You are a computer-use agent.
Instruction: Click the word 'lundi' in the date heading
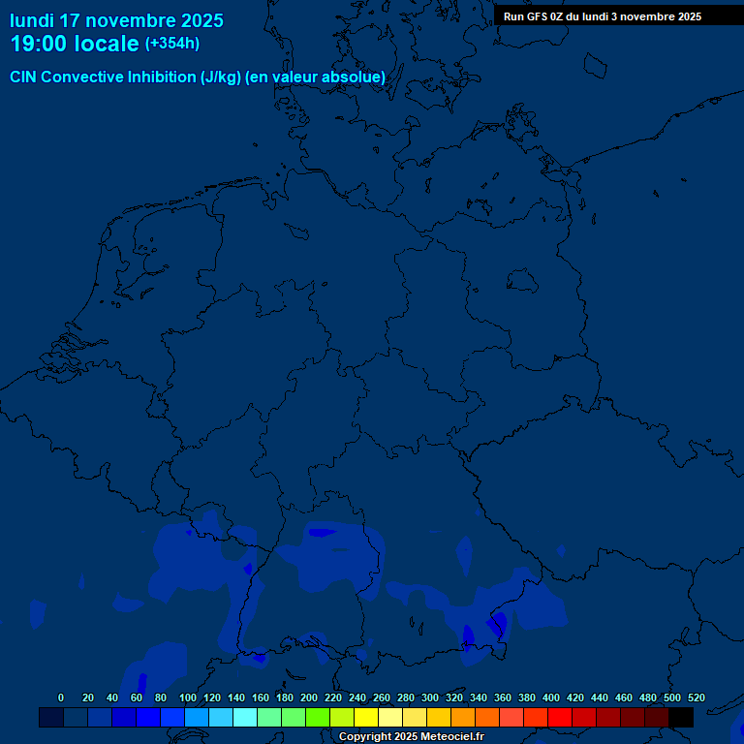coord(32,20)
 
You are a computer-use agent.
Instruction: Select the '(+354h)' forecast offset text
coord(172,44)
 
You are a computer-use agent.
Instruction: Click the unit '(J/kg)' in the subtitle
coord(221,77)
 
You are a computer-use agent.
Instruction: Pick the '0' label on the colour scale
coord(61,698)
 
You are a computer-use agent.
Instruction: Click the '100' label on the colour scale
coord(187,698)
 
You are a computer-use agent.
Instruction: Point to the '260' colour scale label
coord(381,698)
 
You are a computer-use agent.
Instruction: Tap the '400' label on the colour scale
coord(550,698)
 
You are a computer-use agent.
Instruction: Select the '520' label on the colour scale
coord(696,698)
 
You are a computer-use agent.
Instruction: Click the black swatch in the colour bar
coord(681,717)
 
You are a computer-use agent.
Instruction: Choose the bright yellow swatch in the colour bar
coord(366,717)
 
